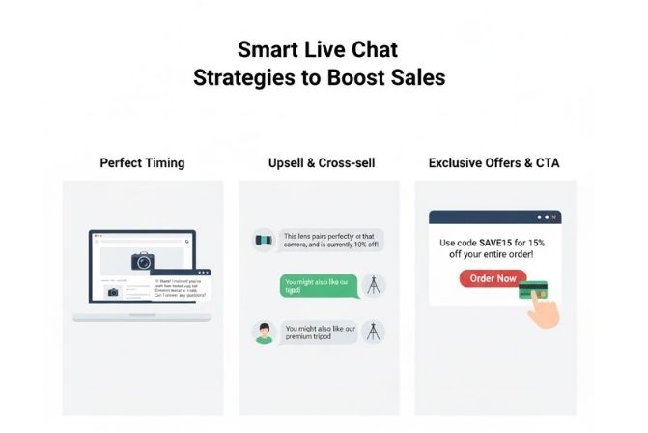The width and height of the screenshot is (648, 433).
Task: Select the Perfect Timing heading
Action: tap(142, 162)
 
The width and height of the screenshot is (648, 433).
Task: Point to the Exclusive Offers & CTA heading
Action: tap(493, 162)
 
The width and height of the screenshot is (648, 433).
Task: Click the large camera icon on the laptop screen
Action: tap(143, 261)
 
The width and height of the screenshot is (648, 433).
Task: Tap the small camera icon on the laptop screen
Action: tap(114, 291)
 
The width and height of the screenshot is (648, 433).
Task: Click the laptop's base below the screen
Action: tap(142, 316)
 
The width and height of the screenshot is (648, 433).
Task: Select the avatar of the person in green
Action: tap(264, 333)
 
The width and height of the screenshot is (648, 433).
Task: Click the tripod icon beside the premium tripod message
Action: tap(373, 332)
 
